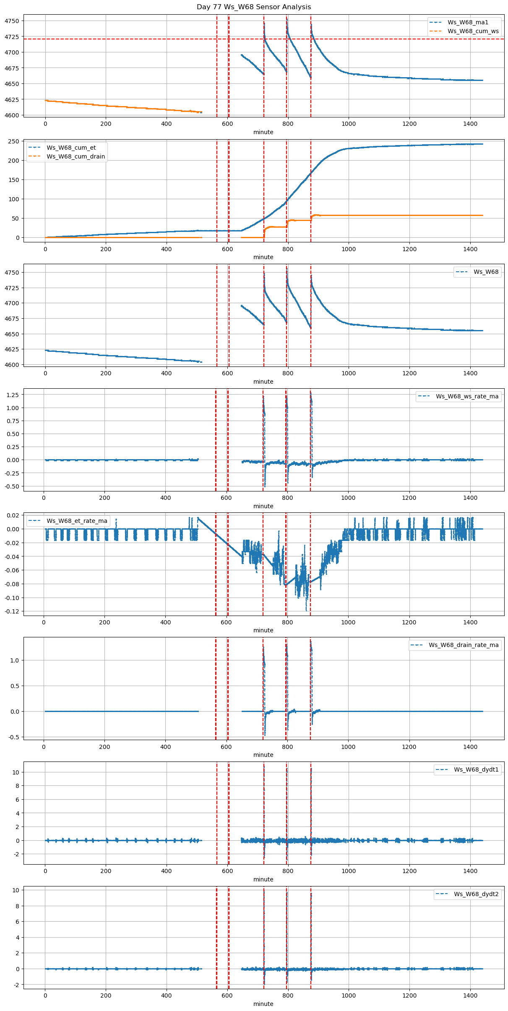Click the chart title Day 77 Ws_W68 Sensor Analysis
254,7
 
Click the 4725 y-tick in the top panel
12,37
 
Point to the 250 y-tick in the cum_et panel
14,141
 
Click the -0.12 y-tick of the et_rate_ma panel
11,611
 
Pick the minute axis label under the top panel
263,132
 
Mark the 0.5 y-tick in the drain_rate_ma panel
14,686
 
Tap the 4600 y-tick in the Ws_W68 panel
12,365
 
